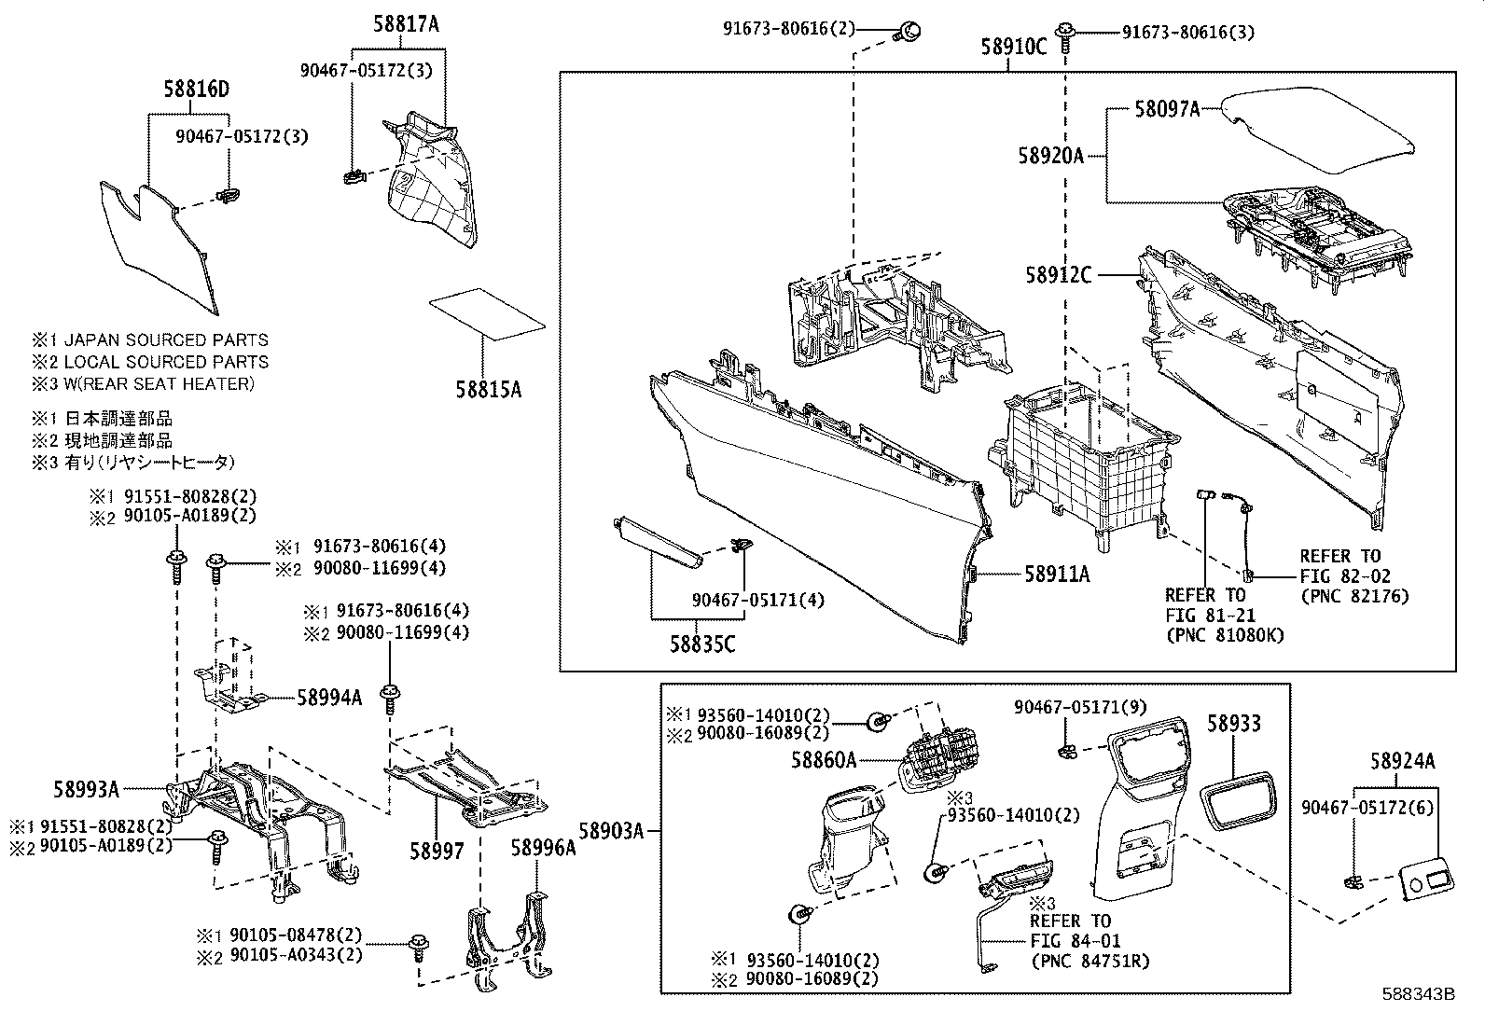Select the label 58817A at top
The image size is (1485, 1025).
click(406, 25)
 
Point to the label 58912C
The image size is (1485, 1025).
click(1058, 275)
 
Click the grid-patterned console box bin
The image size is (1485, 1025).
click(1082, 457)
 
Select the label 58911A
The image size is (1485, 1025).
click(1057, 575)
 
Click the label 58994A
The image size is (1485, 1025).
click(329, 697)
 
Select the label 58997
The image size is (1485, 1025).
click(437, 851)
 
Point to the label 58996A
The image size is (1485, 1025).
click(543, 848)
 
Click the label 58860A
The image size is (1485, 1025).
click(824, 760)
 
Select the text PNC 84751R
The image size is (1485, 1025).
click(1090, 962)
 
